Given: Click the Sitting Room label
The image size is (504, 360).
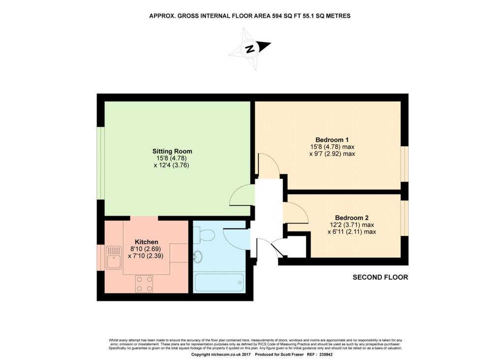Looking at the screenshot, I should [x=172, y=151].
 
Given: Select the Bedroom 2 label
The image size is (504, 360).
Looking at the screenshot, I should [x=351, y=218].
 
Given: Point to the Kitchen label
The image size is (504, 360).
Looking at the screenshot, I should [x=147, y=242].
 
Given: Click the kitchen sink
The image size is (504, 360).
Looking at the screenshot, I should [x=113, y=257].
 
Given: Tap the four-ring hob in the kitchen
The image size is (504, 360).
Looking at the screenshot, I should [x=144, y=283].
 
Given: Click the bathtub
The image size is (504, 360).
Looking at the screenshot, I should [x=220, y=283].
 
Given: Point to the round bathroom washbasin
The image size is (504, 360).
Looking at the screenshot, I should [x=197, y=256].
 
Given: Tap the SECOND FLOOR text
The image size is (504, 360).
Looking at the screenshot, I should [x=380, y=277].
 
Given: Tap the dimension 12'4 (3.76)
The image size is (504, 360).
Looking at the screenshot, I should [x=172, y=165].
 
